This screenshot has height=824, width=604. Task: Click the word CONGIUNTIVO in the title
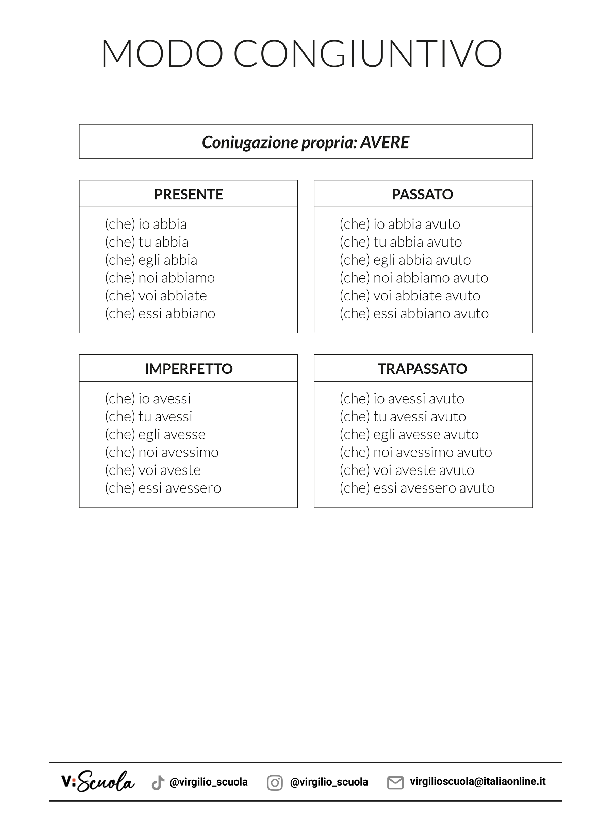point(368,53)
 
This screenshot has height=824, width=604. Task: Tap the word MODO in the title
point(162,53)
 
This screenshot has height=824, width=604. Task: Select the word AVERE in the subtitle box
point(385,142)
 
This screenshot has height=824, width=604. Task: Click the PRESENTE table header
point(188,194)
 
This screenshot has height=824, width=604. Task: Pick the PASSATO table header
point(422,194)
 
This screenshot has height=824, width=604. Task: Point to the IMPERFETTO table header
point(188,369)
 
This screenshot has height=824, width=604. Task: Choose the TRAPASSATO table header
point(422,369)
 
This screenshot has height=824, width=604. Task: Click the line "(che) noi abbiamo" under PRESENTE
point(160,278)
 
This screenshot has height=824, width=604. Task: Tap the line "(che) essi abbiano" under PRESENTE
point(160,314)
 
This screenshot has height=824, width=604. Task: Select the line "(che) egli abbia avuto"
point(405,260)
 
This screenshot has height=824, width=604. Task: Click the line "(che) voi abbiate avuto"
point(410,296)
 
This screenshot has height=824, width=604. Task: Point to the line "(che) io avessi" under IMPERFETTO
point(148,399)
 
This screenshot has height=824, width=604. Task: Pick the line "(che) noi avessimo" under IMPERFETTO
point(162,452)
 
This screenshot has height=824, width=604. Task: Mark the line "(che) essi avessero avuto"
point(417,488)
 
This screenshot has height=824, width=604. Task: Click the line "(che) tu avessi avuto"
point(403,416)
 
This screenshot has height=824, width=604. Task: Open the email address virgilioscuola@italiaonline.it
point(477,781)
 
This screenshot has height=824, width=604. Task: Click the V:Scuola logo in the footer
point(98,782)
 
